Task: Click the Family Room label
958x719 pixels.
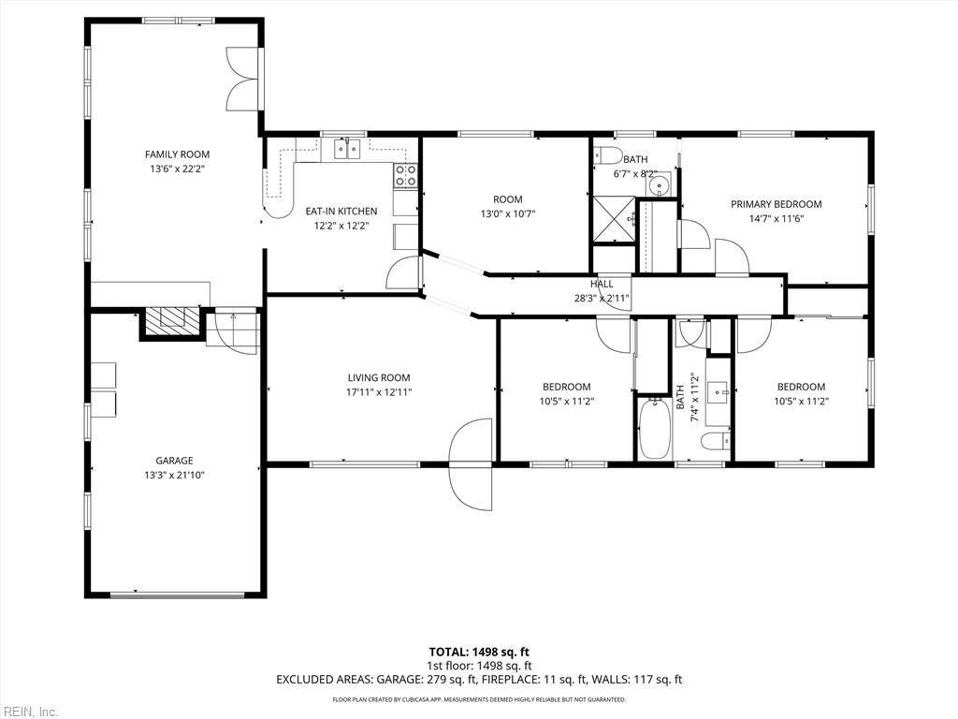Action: [x=177, y=154]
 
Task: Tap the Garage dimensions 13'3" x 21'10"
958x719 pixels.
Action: [x=174, y=475]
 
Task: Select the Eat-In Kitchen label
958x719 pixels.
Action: [x=341, y=211]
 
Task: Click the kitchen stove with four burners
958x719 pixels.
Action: [x=406, y=175]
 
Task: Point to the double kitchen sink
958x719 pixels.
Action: [x=347, y=149]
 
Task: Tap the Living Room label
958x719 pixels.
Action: [x=379, y=378]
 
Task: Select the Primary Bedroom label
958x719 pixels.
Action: [x=776, y=204]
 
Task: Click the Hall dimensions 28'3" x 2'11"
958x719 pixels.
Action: [x=602, y=299]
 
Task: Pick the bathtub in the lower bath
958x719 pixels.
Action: [x=655, y=429]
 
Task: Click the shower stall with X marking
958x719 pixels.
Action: [x=614, y=218]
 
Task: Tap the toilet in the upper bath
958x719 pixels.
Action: [x=607, y=156]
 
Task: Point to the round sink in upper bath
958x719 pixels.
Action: [x=660, y=184]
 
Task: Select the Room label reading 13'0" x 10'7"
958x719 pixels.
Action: [x=508, y=207]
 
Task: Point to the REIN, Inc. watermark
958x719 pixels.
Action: [x=29, y=712]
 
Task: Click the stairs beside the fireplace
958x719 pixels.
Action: [x=232, y=330]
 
